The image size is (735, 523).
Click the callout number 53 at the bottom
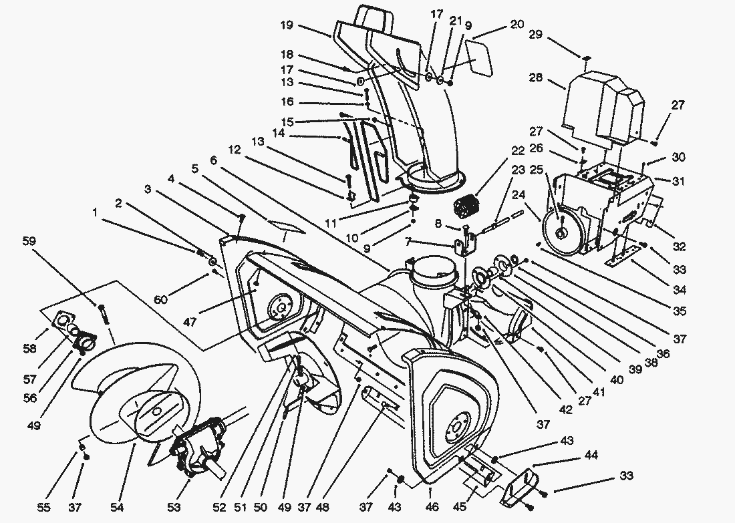(x=174, y=508)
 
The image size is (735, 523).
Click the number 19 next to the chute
(x=287, y=25)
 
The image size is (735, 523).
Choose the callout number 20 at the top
(x=517, y=25)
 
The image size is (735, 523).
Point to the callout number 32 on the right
(x=680, y=246)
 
